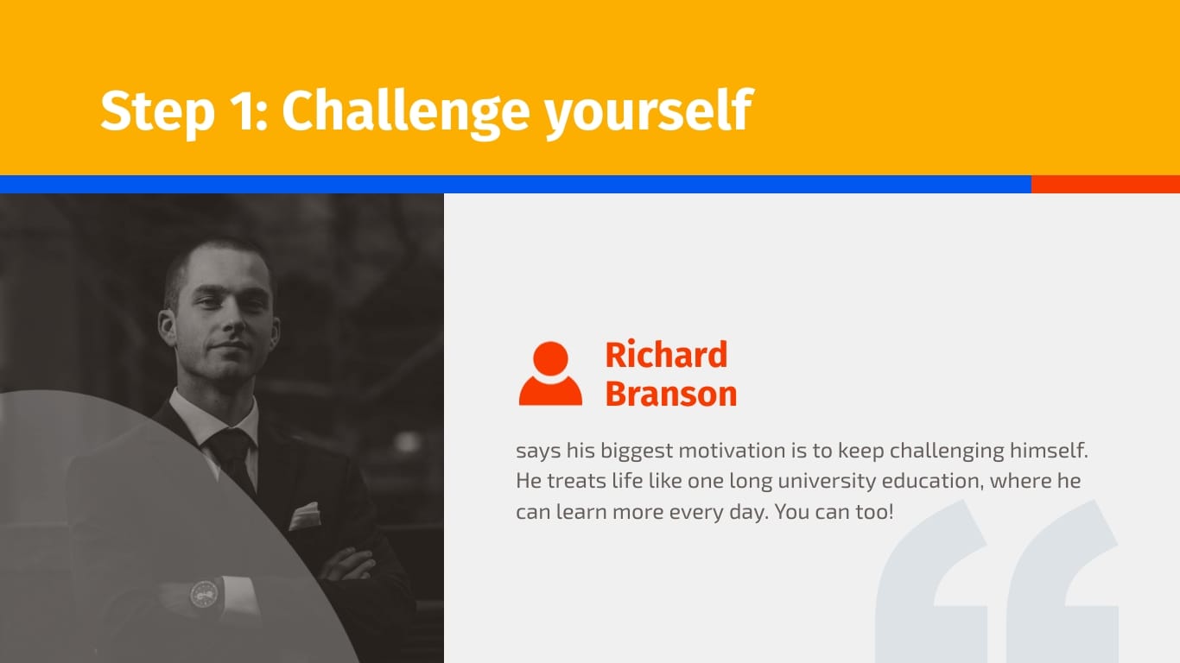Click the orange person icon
(550, 373)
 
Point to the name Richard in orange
(666, 355)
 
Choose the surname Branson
(670, 394)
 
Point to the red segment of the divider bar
(1106, 185)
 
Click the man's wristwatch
(204, 593)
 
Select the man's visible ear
(167, 326)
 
